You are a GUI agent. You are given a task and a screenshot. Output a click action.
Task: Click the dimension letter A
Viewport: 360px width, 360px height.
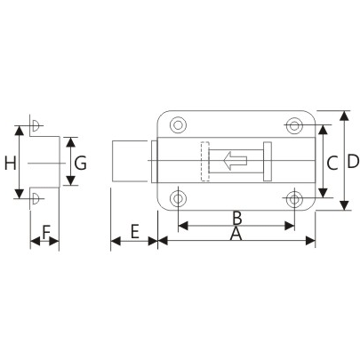click(236, 233)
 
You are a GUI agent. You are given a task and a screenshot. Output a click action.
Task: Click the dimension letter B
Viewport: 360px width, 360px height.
click(236, 217)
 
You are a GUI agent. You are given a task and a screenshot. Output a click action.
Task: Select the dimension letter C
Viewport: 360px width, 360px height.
click(330, 162)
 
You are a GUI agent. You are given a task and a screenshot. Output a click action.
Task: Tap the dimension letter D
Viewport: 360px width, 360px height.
click(352, 162)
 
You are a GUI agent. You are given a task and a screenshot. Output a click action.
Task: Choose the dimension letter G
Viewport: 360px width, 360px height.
click(80, 163)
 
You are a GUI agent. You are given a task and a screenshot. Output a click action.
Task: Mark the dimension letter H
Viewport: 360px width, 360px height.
click(9, 163)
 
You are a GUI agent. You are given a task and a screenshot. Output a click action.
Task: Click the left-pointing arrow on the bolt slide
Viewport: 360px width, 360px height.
click(235, 161)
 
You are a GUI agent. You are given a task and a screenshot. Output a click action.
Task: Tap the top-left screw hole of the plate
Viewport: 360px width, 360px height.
click(178, 124)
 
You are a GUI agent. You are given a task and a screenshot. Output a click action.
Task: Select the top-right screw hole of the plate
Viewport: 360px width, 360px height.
click(294, 124)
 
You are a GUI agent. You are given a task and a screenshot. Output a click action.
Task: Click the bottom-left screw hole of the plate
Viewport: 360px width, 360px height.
click(178, 196)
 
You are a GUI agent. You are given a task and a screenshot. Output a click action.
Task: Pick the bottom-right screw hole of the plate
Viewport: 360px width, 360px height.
click(294, 196)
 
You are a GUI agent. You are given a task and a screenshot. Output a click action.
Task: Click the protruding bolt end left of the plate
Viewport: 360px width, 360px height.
click(133, 161)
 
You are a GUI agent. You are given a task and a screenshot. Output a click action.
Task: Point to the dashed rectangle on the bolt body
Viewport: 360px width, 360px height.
click(204, 161)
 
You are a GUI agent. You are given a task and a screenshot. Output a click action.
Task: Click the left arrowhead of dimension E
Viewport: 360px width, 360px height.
click(114, 240)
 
